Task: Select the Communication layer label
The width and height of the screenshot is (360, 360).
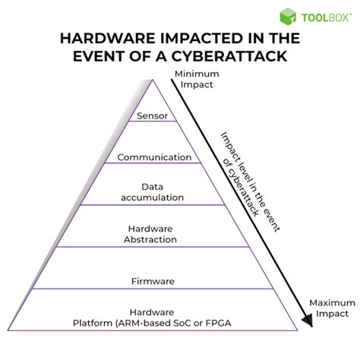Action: (153, 157)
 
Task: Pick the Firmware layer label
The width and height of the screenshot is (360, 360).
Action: (153, 281)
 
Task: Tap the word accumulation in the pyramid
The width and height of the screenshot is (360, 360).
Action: (153, 197)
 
